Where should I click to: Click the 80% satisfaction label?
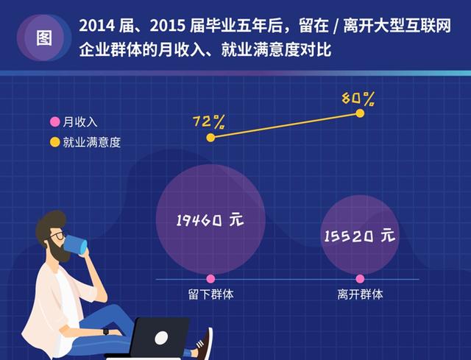(358, 98)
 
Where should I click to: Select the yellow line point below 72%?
(210, 137)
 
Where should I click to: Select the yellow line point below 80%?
(360, 113)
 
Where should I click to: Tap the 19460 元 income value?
(209, 219)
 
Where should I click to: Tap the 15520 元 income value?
(359, 236)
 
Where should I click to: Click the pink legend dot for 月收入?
(53, 122)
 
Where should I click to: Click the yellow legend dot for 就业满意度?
(53, 141)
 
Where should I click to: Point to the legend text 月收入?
(79, 122)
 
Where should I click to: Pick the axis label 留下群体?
(210, 294)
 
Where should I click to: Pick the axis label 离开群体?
(360, 294)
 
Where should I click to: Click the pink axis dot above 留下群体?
(210, 279)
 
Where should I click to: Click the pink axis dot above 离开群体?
(360, 279)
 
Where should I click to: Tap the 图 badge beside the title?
(43, 38)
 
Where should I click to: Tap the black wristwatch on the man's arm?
(106, 331)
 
